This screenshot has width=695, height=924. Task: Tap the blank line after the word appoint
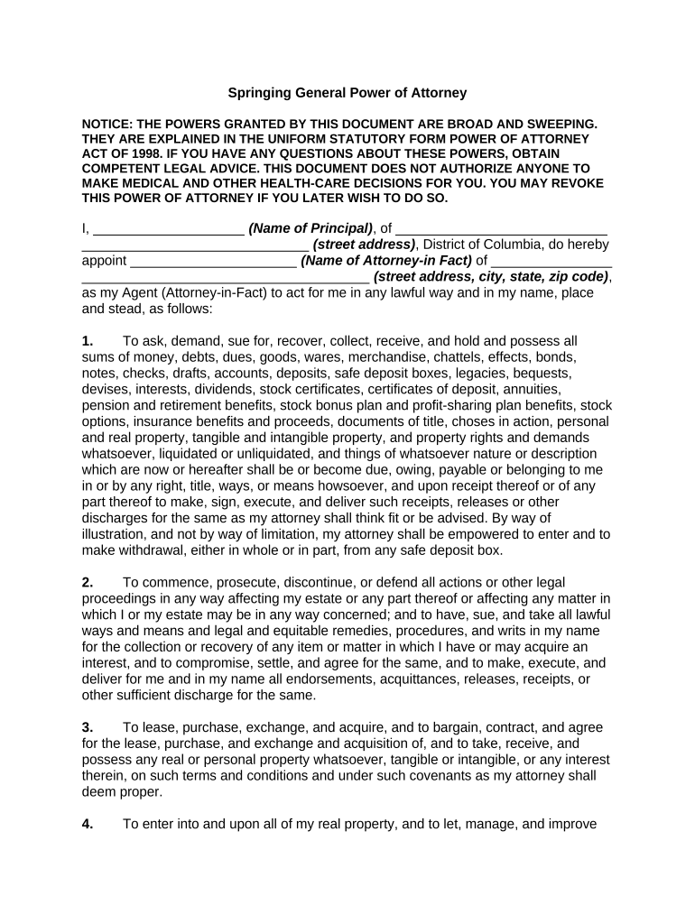pos(214,261)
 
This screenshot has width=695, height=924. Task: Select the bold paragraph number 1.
pos(88,341)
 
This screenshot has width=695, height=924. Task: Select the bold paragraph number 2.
pos(88,581)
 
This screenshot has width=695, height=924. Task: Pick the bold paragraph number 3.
pos(88,727)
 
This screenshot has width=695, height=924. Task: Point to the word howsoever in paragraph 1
pos(325,485)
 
